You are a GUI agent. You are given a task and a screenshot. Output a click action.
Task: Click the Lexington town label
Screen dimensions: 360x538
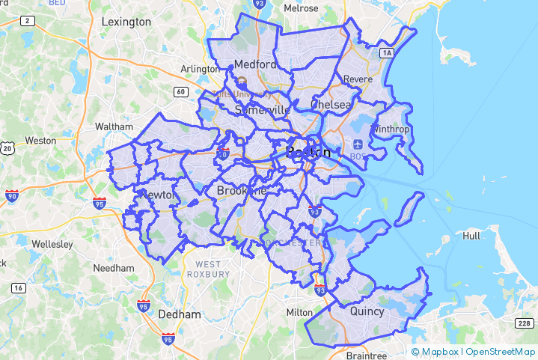click(x=126, y=22)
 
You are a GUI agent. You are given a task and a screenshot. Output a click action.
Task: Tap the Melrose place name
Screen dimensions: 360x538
click(x=302, y=8)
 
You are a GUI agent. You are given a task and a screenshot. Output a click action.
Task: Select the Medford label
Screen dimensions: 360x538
click(x=255, y=64)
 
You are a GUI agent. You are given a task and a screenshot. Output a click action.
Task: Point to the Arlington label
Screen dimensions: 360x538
click(x=200, y=70)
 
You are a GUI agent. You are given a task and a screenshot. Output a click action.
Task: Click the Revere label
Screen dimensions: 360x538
click(x=358, y=79)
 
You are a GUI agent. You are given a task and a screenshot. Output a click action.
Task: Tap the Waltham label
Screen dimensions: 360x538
click(x=114, y=126)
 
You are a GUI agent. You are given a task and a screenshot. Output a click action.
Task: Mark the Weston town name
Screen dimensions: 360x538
click(x=40, y=140)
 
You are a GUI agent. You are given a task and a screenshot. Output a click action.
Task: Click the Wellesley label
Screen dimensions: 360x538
click(x=51, y=244)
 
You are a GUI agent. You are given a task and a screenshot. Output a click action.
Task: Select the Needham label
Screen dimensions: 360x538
click(x=114, y=268)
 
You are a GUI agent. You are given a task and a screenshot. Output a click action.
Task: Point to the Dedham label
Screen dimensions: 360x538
click(x=180, y=314)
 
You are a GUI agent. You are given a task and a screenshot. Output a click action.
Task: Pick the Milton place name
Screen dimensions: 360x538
click(x=299, y=311)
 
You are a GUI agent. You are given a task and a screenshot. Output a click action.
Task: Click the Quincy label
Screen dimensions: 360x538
click(x=367, y=311)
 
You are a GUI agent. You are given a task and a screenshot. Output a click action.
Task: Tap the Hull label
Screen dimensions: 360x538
click(x=471, y=235)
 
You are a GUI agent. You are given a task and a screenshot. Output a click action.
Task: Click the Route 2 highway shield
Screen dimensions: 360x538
click(x=27, y=21)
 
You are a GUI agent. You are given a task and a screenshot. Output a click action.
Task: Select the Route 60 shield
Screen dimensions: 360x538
click(x=181, y=91)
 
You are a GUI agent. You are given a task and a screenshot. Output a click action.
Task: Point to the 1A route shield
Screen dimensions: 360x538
click(x=386, y=52)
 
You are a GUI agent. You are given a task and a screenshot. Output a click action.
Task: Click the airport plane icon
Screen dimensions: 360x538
click(x=356, y=144)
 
